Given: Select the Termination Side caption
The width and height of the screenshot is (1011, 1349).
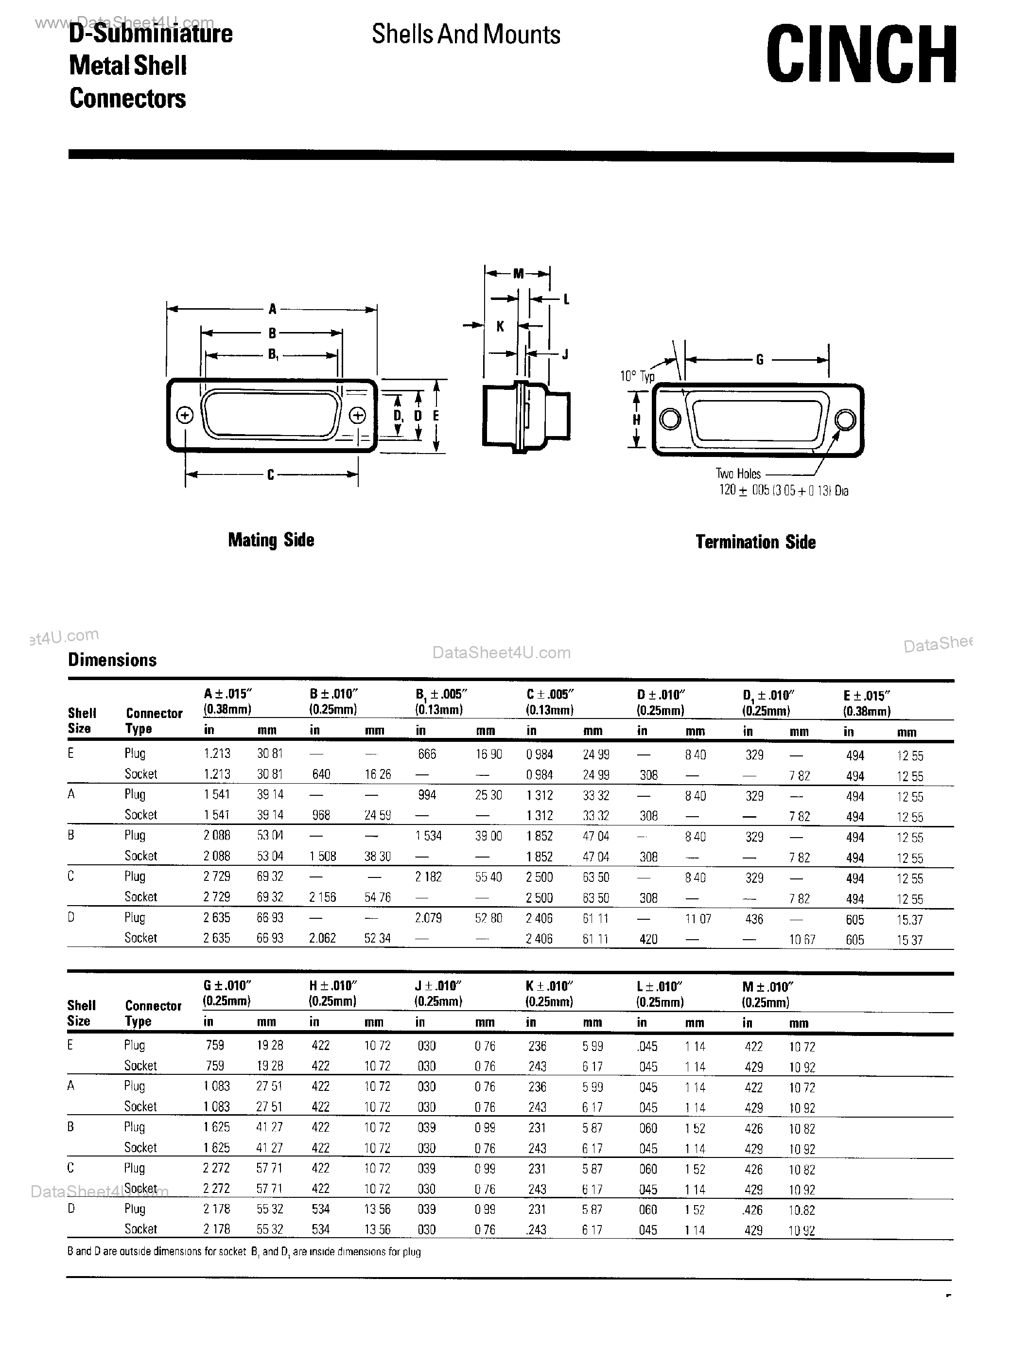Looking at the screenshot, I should (x=755, y=542).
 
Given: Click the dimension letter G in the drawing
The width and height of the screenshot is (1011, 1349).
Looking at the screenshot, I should (x=759, y=360).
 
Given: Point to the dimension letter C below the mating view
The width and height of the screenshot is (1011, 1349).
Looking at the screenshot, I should (x=271, y=475).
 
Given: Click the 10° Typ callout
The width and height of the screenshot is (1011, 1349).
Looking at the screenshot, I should (x=637, y=376).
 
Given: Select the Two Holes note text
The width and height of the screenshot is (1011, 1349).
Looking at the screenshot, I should (x=738, y=473).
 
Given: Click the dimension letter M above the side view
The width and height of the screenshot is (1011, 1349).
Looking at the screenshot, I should (x=518, y=274).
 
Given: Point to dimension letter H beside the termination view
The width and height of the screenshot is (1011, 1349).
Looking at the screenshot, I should (x=636, y=420).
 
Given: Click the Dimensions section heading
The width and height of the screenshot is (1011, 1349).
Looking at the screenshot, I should (x=112, y=660).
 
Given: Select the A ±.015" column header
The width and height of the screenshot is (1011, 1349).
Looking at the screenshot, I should (x=228, y=694).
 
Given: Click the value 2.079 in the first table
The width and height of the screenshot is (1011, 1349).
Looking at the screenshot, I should (x=428, y=918).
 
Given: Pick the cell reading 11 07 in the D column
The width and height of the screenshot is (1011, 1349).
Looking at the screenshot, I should (x=697, y=919).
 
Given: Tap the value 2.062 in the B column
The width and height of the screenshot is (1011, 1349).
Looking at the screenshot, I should (x=322, y=938).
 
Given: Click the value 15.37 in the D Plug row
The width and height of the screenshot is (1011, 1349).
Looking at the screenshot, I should (x=909, y=920).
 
